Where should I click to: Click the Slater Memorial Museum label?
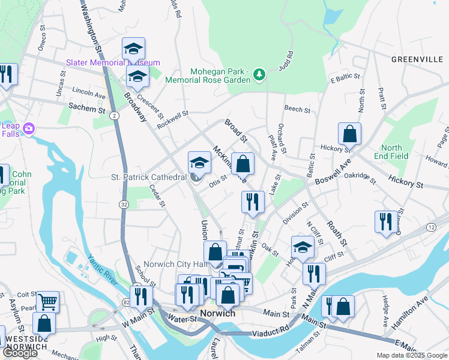click(113, 62)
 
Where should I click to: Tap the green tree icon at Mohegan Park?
click(259, 74)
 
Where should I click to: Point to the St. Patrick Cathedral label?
click(148, 178)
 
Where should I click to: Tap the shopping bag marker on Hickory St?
click(349, 135)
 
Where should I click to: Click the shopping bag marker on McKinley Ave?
click(243, 164)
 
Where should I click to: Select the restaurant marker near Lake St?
click(253, 202)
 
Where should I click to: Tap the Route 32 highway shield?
click(124, 205)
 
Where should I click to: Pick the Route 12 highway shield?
click(431, 227)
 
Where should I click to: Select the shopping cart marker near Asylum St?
click(47, 302)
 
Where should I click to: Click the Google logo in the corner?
click(20, 353)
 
